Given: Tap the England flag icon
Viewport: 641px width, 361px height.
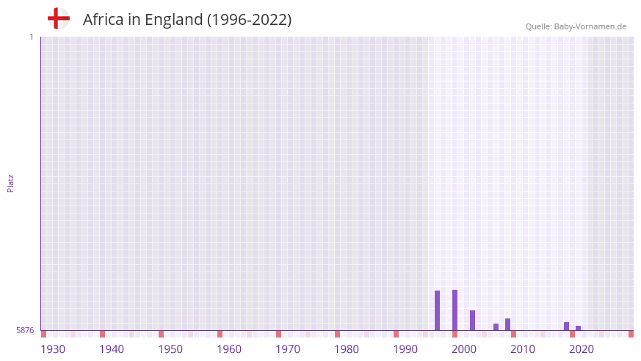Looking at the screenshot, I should (59, 18).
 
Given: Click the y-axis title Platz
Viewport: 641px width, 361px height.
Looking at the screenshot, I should (10, 183).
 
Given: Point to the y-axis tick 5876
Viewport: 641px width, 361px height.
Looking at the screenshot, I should (25, 330).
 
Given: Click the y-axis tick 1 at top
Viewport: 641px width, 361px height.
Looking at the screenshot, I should (32, 37).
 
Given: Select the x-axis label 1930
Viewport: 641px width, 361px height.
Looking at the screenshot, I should (53, 349).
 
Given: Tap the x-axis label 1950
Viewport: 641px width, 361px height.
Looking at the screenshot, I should (170, 349).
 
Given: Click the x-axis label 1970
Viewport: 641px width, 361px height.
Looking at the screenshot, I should (288, 349).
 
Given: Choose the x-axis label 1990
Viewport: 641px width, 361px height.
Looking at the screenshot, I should (405, 349).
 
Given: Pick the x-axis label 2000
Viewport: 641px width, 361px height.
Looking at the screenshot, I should (464, 349).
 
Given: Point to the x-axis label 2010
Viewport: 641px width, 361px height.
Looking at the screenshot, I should (523, 349).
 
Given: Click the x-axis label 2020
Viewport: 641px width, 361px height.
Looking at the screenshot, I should (582, 349).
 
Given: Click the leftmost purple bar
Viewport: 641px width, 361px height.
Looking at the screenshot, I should (437, 310).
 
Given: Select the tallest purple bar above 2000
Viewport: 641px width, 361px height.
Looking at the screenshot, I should (455, 310).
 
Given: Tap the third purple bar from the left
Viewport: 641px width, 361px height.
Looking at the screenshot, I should (472, 321).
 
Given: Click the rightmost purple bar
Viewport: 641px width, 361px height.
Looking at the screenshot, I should (578, 328).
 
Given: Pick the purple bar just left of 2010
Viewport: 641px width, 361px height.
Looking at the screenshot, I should (507, 324).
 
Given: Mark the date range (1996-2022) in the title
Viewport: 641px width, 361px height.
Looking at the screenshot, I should (249, 20).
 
